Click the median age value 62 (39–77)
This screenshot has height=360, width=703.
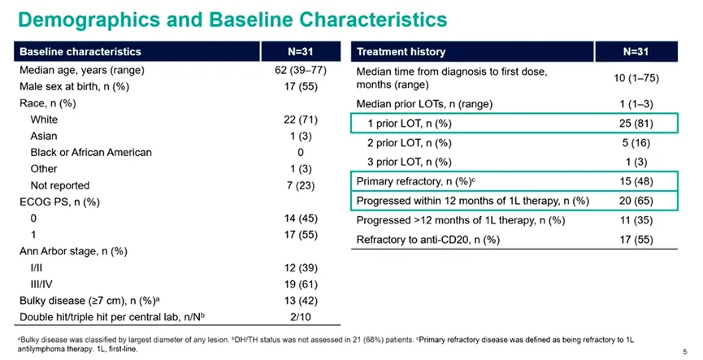[301, 71]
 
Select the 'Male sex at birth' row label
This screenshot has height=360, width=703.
[75, 86]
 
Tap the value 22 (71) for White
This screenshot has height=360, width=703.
[301, 119]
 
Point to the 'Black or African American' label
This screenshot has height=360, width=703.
[91, 153]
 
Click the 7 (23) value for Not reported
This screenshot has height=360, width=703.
[301, 185]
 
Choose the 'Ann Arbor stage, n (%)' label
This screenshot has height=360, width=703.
[73, 251]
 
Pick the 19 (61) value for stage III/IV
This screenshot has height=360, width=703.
[301, 284]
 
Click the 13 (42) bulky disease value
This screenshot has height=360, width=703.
[301, 301]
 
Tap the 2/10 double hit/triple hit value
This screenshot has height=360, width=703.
[301, 317]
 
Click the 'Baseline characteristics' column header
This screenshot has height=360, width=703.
[80, 51]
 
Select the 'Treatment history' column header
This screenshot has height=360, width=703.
[401, 52]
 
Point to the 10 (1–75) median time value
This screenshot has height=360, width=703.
[636, 78]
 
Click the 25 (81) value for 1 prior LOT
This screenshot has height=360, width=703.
[636, 124]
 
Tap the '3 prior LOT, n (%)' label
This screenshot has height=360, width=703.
[410, 162]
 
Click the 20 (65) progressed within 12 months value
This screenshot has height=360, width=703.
[636, 201]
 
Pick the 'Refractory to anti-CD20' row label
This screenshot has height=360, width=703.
[428, 240]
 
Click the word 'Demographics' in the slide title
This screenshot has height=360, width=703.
[89, 20]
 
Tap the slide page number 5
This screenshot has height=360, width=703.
[684, 352]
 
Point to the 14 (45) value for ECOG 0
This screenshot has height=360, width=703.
[301, 219]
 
